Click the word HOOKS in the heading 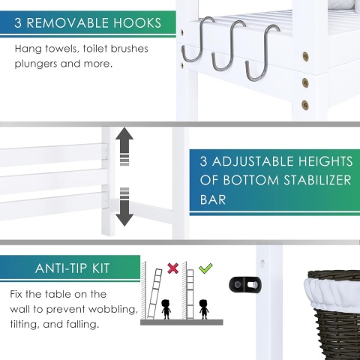coord(137,23)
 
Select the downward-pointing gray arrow coord(124,208)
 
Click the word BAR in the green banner coord(213,199)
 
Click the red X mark coord(172,268)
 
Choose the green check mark coord(205,268)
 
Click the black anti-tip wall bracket coord(245,284)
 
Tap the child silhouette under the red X coord(166,309)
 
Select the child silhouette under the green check coord(203,309)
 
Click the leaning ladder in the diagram coord(154,294)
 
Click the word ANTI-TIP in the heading coord(62,268)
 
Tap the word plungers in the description coord(36,64)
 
